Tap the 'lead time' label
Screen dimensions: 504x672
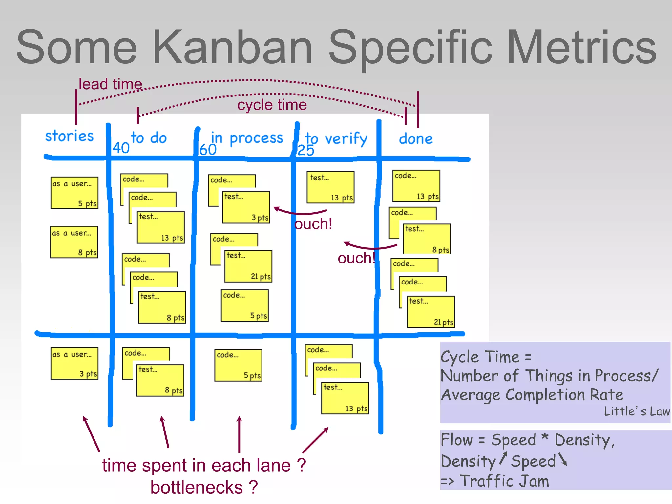[110, 84]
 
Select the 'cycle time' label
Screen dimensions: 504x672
[272, 105]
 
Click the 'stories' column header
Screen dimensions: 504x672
[69, 136]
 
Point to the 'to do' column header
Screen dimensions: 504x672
[149, 138]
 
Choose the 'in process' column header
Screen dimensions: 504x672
[247, 138]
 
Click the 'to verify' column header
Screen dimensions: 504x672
[336, 139]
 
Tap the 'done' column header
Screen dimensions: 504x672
[416, 139]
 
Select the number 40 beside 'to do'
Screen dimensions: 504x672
[121, 148]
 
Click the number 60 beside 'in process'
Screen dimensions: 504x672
[208, 150]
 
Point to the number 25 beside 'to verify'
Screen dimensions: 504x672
[305, 151]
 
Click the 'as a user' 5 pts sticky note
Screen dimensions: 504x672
[74, 193]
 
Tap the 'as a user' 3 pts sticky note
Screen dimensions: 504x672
[74, 364]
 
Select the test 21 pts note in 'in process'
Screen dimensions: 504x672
[248, 266]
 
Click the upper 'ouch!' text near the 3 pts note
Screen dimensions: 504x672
[313, 224]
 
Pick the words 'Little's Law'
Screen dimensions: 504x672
[637, 411]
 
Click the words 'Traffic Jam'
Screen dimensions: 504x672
[504, 481]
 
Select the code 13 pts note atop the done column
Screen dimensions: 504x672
[416, 186]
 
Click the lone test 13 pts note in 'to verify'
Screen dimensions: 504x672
[330, 187]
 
